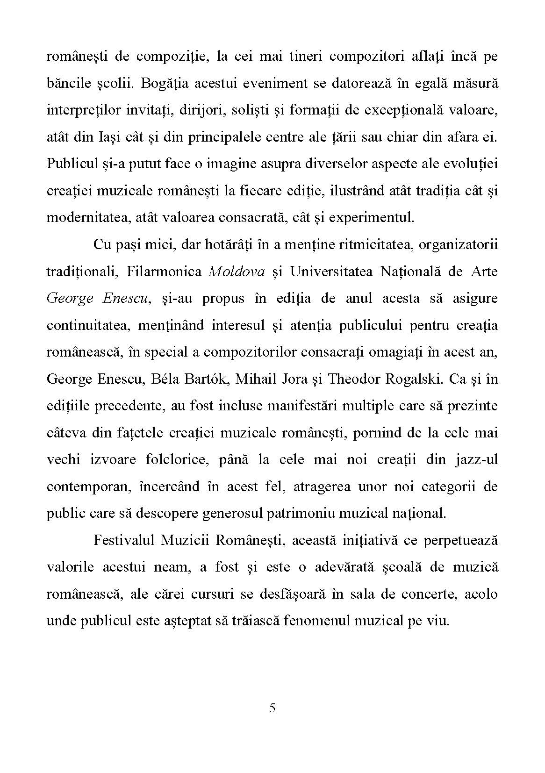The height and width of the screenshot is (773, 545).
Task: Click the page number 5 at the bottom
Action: tap(272, 708)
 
